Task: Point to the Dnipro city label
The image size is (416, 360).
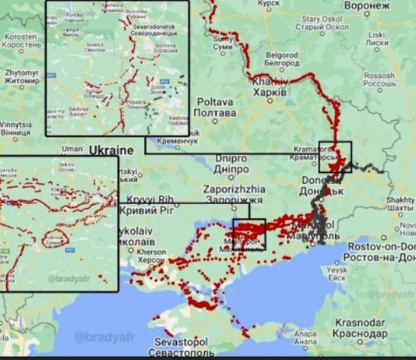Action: pyautogui.click(x=231, y=162)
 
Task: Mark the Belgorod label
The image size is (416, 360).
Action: pyautogui.click(x=283, y=60)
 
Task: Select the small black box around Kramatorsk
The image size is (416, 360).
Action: pyautogui.click(x=335, y=156)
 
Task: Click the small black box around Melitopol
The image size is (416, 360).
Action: pyautogui.click(x=249, y=234)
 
